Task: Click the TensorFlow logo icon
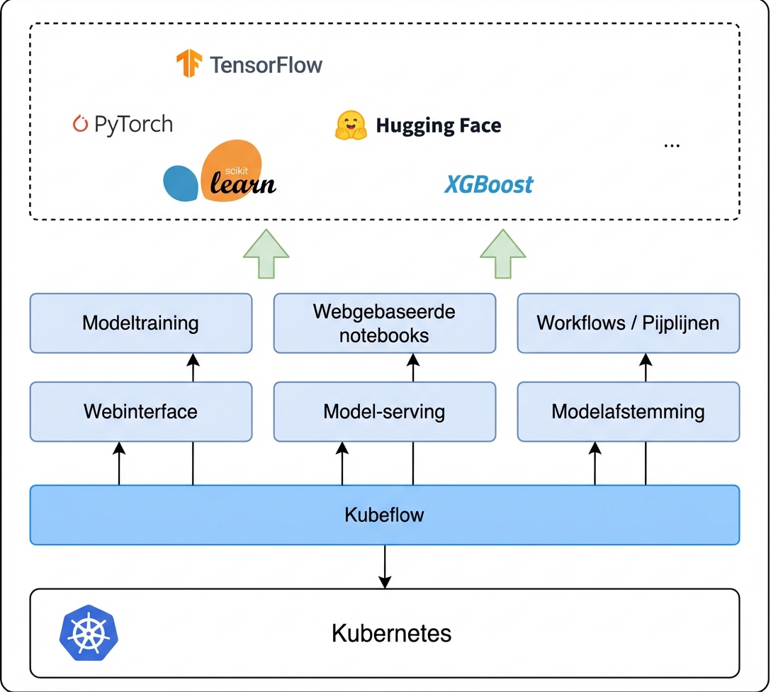point(189,64)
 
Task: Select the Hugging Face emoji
point(350,125)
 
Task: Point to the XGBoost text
point(489,185)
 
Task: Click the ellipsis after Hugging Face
point(672,145)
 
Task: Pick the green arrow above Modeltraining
point(266,253)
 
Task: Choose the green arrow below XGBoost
point(503,253)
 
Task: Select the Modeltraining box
point(141,323)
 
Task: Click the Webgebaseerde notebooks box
point(385,323)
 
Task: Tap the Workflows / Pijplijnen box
point(629,323)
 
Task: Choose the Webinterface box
point(141,411)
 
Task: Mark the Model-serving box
point(385,411)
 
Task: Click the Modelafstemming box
point(629,411)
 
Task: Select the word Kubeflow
point(384,514)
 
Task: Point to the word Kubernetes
point(391,632)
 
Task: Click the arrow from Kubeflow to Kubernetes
point(385,567)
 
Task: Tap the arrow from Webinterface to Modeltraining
point(193,368)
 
